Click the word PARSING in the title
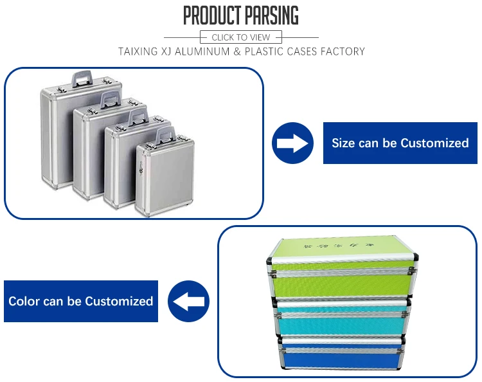pos(270,15)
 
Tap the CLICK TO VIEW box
pos(241,37)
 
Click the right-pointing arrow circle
pos(292,143)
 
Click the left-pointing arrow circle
pos(188,301)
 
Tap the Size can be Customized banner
pos(400,143)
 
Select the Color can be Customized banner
pos(80,301)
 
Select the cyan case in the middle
pos(344,322)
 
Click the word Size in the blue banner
pos(343,143)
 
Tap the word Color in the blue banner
pos(24,301)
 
